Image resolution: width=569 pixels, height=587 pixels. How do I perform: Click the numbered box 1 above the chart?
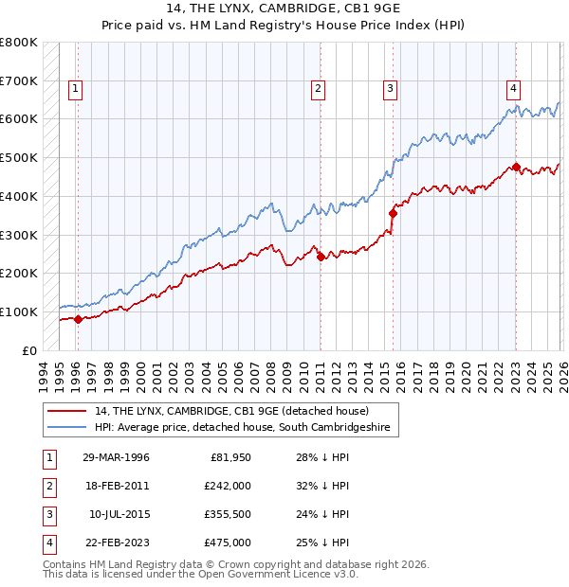coord(75,90)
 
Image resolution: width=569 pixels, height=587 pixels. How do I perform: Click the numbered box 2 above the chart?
coord(318,90)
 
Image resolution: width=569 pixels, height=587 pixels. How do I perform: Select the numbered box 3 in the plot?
coord(390,90)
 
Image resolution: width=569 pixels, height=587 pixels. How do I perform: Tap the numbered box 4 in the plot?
coord(513,90)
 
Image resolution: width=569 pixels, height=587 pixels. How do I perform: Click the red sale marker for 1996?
coord(78,319)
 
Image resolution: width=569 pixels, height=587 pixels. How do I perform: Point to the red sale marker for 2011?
coord(321,257)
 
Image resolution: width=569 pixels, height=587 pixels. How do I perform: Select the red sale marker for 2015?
coord(393,213)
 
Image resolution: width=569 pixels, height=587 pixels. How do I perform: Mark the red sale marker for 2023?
coord(516,167)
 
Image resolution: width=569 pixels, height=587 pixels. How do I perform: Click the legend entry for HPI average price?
coord(243,428)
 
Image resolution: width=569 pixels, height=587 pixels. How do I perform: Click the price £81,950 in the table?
coord(228,457)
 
